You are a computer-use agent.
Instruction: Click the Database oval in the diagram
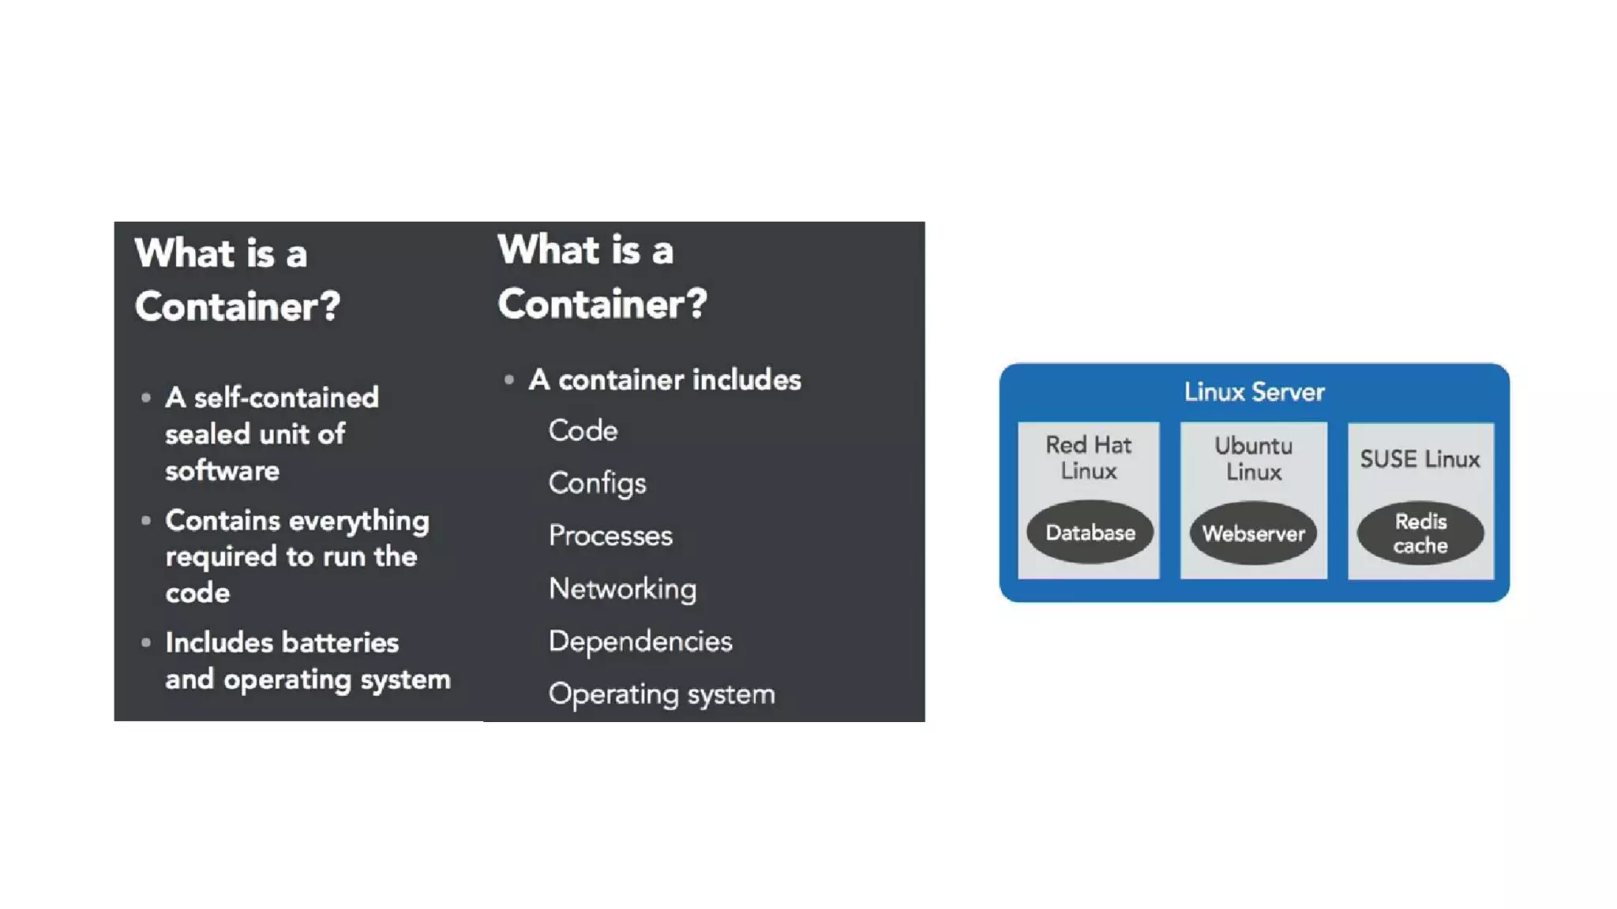click(1090, 533)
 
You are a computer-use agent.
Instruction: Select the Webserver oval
click(1253, 533)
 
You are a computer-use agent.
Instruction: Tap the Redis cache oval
click(1420, 533)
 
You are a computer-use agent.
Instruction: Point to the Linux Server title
click(1254, 392)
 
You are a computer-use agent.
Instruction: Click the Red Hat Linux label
click(1088, 458)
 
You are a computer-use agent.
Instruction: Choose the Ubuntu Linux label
click(1253, 458)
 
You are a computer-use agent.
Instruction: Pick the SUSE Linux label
click(1420, 459)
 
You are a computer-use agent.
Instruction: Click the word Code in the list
click(583, 431)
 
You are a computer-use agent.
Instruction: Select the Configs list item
click(597, 483)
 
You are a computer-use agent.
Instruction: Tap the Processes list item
click(610, 536)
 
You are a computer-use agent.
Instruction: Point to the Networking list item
click(622, 589)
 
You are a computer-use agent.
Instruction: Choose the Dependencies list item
click(640, 642)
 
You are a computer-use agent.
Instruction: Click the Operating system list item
click(662, 694)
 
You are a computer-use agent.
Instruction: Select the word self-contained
click(286, 398)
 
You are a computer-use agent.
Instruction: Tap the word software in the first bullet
click(222, 471)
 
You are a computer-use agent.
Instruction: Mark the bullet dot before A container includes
click(509, 380)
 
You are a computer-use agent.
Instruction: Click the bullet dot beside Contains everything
click(146, 521)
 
